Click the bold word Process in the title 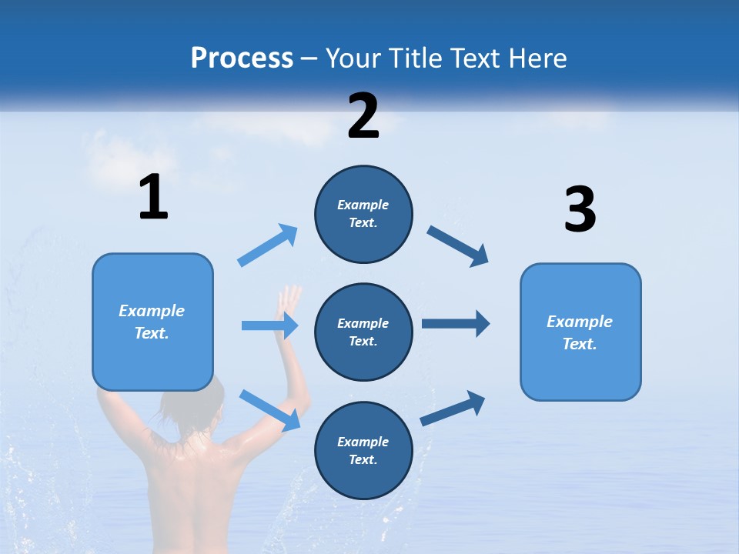242,58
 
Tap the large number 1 153,197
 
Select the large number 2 363,116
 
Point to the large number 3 580,209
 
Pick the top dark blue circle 363,214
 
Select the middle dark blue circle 363,332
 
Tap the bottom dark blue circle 363,450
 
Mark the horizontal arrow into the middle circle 269,325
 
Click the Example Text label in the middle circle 363,332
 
